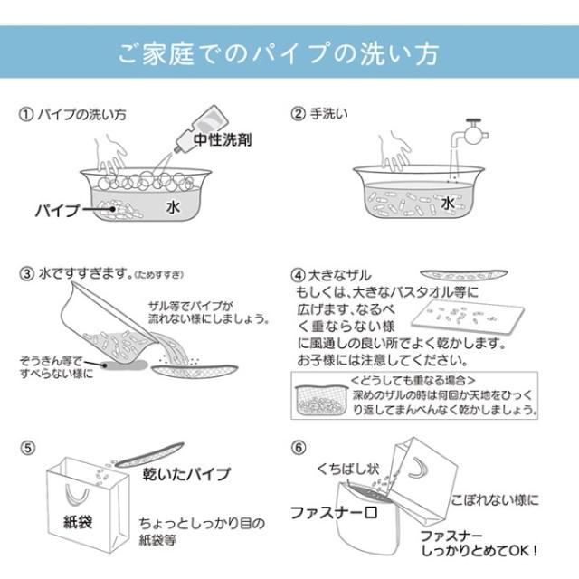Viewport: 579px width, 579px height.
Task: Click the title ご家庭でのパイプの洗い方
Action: coord(279,52)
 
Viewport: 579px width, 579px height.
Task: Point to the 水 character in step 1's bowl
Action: coord(174,207)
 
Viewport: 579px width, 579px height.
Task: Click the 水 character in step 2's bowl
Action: coord(447,204)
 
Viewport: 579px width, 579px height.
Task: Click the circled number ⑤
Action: coord(26,447)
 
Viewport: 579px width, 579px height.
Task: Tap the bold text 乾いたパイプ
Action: coord(187,474)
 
